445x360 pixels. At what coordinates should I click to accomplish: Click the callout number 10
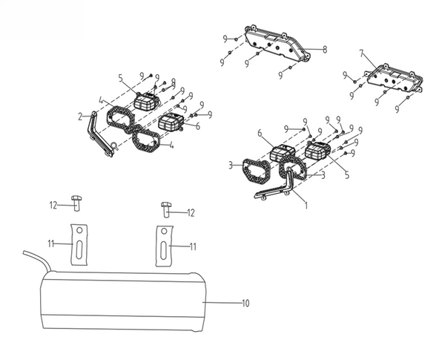tap(245, 303)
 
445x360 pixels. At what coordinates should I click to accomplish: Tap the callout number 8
tap(325, 50)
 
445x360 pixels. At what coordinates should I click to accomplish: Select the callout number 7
tap(361, 53)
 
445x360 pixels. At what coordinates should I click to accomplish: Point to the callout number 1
tap(306, 206)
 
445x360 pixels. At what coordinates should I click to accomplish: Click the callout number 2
tap(80, 117)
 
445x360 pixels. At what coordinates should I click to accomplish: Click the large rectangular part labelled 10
tap(123, 301)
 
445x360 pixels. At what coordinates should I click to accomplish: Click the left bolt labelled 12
tap(76, 203)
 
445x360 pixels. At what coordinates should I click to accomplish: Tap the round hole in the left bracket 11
tap(79, 230)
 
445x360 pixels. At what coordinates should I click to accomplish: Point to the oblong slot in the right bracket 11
tap(163, 250)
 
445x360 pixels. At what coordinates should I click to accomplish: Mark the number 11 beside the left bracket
tap(51, 243)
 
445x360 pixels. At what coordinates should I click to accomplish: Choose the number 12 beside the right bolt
tap(191, 213)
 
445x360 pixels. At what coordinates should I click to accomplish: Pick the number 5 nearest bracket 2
tap(121, 78)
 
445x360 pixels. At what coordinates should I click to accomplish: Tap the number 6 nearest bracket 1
tap(260, 133)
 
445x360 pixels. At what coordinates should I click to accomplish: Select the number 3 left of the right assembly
tap(231, 165)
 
